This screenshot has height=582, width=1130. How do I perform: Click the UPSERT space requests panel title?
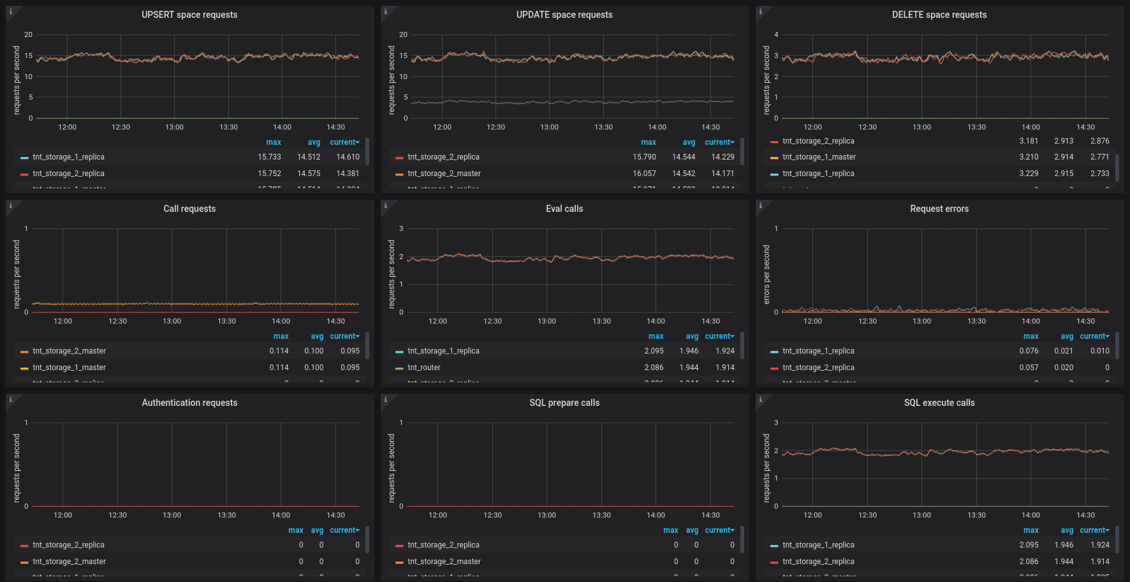click(x=189, y=15)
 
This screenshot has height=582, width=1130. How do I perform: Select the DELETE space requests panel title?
click(x=939, y=15)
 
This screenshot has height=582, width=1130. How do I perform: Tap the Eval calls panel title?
click(x=564, y=209)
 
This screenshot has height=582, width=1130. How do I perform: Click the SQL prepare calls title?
click(x=564, y=403)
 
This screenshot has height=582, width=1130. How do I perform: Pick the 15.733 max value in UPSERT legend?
click(x=269, y=157)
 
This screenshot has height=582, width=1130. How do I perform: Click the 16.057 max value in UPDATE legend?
click(x=644, y=174)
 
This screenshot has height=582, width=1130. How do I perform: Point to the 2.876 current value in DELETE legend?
click(x=1099, y=141)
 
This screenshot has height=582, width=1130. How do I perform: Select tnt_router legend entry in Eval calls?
click(x=424, y=368)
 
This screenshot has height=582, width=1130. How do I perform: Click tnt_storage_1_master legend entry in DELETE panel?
click(x=819, y=157)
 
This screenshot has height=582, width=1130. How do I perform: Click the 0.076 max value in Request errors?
click(x=1029, y=351)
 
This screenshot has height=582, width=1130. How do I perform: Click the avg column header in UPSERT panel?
click(x=314, y=142)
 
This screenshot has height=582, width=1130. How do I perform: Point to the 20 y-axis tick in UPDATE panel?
click(x=403, y=34)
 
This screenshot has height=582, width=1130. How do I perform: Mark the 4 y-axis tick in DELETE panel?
click(x=776, y=34)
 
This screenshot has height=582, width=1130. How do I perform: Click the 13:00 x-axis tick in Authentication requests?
click(x=172, y=515)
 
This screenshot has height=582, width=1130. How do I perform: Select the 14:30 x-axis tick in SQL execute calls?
click(x=1085, y=515)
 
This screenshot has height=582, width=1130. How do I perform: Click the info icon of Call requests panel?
click(x=10, y=205)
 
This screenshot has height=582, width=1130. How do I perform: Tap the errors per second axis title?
click(x=767, y=274)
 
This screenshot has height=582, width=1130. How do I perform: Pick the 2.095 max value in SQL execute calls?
click(x=1029, y=545)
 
